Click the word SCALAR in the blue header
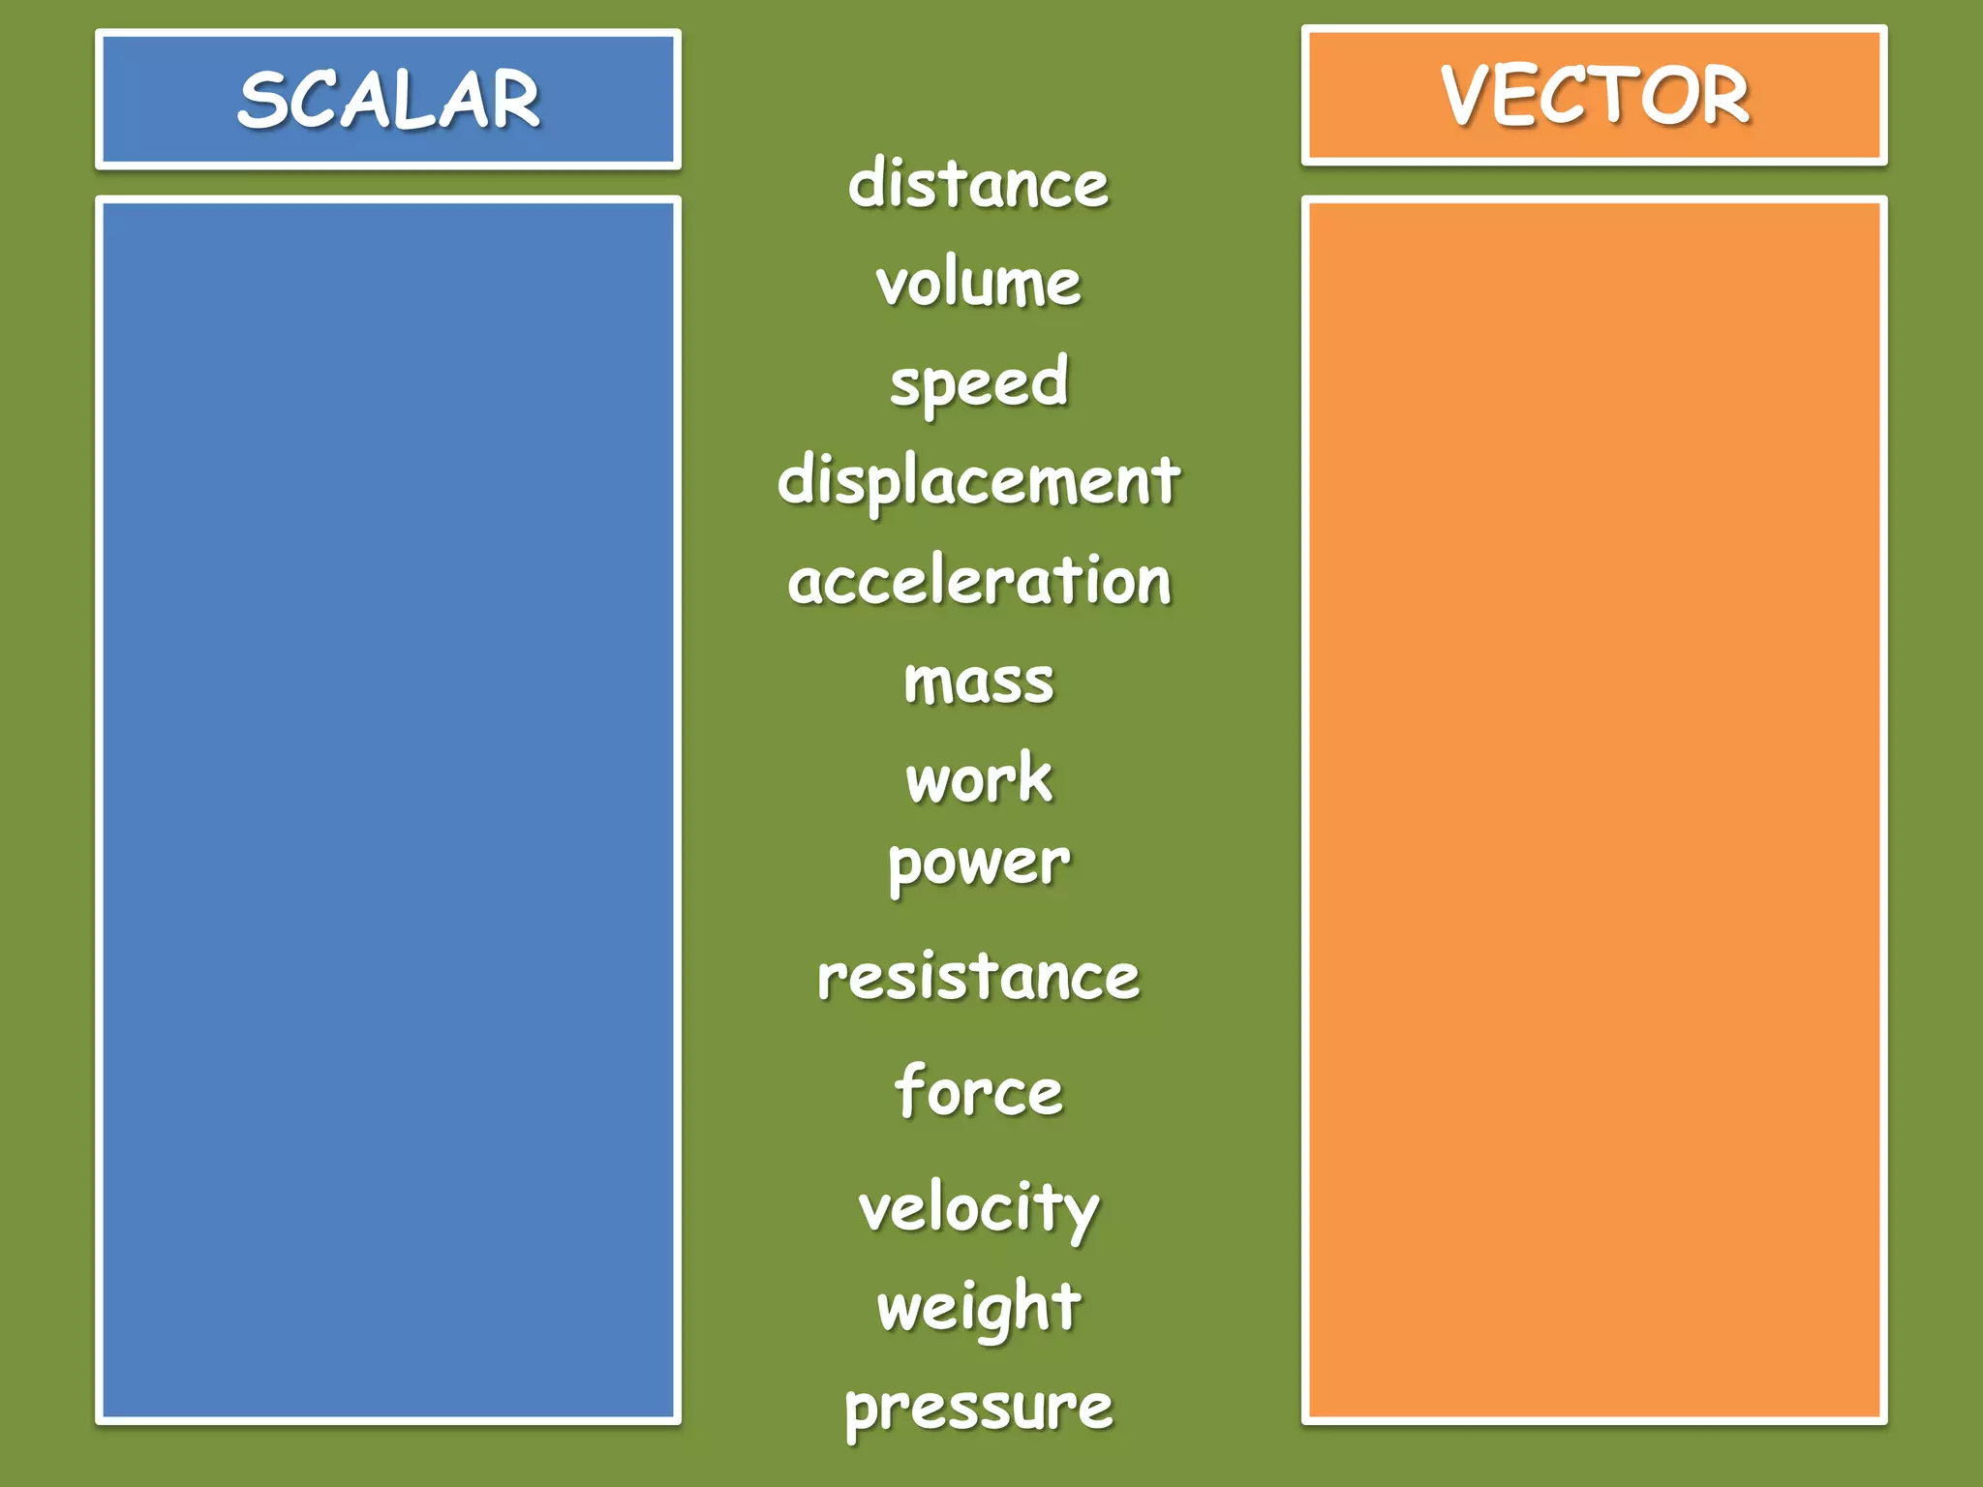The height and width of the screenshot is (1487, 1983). click(388, 100)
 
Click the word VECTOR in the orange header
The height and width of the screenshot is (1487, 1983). click(1595, 96)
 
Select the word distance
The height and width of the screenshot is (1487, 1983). click(978, 184)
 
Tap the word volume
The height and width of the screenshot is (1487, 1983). click(978, 283)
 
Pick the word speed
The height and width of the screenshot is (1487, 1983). click(979, 383)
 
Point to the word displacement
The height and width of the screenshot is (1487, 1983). click(978, 481)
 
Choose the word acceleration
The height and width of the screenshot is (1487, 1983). click(979, 582)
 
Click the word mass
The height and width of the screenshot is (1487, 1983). click(979, 682)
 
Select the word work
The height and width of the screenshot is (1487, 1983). click(979, 778)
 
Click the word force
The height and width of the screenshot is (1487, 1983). click(979, 1091)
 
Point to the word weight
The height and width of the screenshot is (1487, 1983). click(979, 1307)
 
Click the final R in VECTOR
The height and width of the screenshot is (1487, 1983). click(1723, 96)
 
